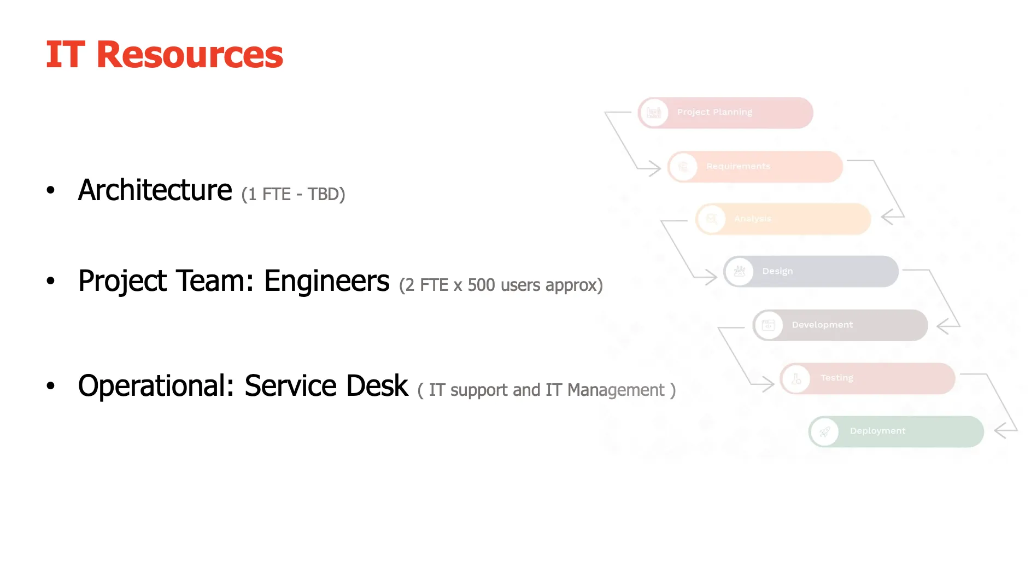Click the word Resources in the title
(189, 55)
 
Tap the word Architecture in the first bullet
(155, 190)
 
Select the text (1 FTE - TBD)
(293, 194)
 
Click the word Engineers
(326, 281)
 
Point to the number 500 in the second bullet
(481, 285)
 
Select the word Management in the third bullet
(616, 390)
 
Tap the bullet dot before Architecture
(51, 190)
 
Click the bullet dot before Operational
(51, 386)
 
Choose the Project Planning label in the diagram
(714, 112)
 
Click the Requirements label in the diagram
(738, 166)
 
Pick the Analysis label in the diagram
(752, 219)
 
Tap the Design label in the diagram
(777, 271)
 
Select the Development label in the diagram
(822, 325)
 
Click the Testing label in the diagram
(836, 378)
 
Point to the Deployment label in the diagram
(877, 431)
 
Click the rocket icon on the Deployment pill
(824, 432)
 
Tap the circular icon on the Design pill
(740, 271)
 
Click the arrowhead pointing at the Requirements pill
(655, 168)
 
